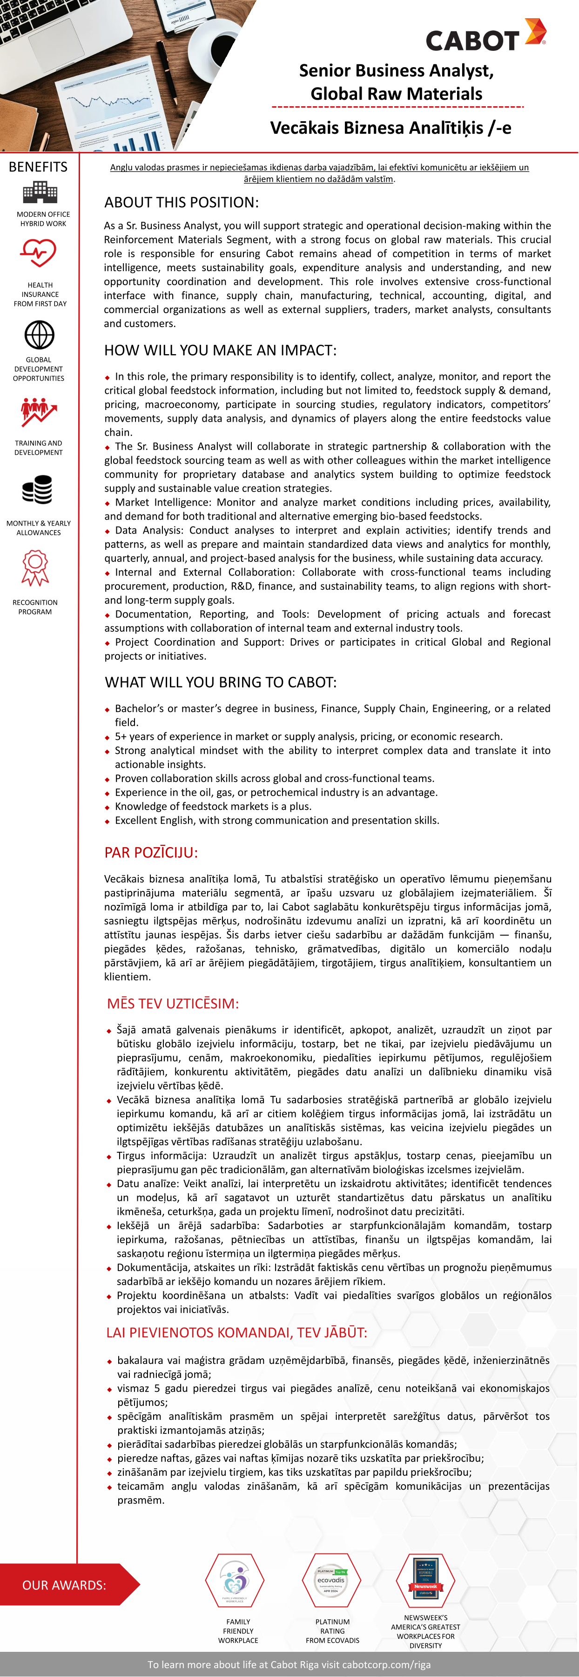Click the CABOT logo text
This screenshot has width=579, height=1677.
(471, 41)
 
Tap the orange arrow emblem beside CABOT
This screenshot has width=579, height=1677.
(535, 31)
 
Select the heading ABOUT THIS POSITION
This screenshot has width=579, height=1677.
(182, 203)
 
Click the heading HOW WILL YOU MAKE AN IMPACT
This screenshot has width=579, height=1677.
(221, 350)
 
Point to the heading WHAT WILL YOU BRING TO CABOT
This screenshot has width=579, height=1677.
(221, 682)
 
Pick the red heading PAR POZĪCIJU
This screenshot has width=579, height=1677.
(151, 852)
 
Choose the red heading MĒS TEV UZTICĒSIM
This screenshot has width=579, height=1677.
(173, 1003)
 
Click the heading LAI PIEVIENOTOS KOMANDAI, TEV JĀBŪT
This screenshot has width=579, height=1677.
(237, 1333)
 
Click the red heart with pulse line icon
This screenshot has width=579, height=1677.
(38, 252)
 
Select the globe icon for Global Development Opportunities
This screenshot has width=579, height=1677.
(39, 335)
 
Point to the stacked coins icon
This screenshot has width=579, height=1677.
(37, 490)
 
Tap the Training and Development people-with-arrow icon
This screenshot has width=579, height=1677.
(38, 411)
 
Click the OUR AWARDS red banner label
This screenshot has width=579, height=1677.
(64, 1585)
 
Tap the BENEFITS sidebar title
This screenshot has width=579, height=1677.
(38, 167)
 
